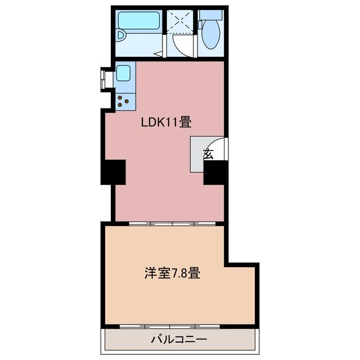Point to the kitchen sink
[124, 73]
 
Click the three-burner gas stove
[124, 100]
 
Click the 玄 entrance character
[208, 153]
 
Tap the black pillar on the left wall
[112, 172]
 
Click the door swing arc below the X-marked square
[181, 45]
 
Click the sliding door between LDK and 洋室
[172, 223]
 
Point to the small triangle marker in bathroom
[160, 54]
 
